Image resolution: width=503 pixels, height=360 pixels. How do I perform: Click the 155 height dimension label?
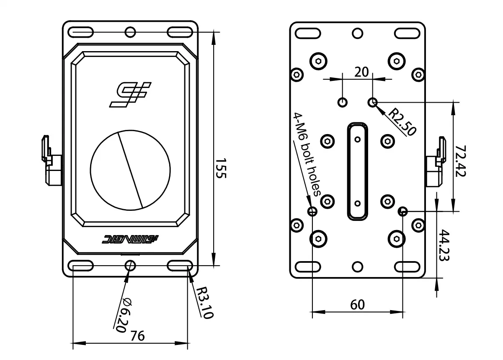[221, 168]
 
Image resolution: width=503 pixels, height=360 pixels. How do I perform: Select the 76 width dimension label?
[137, 336]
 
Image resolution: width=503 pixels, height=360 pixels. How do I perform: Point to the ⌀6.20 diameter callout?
[121, 315]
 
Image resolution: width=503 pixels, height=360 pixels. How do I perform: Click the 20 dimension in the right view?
[361, 72]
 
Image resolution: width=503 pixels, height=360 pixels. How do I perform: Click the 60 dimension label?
[357, 305]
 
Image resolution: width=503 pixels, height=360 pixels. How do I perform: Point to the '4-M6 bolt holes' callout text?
[307, 155]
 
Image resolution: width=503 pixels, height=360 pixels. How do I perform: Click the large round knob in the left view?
[131, 170]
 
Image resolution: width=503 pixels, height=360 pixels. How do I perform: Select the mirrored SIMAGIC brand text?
[130, 239]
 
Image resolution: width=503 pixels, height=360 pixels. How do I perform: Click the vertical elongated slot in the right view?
[357, 171]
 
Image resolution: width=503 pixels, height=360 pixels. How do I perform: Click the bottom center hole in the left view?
[130, 265]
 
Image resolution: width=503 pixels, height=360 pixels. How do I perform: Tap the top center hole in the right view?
[357, 33]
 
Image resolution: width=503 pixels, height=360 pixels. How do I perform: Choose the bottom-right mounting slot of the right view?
[408, 266]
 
